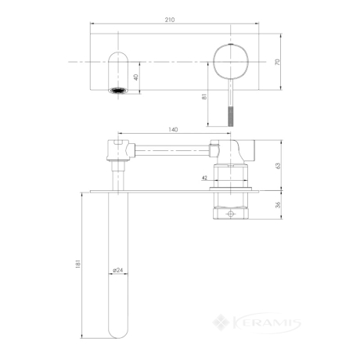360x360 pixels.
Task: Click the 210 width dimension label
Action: click(170, 20)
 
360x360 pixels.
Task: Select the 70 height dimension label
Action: click(278, 62)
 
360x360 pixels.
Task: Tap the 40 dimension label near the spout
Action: click(136, 77)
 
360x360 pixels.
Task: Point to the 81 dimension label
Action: click(204, 96)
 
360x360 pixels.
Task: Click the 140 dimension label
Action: click(173, 130)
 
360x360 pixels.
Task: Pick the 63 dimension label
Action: click(278, 166)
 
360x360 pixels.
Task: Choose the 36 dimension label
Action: click(278, 205)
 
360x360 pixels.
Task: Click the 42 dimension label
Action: click(204, 178)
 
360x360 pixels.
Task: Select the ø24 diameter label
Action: click(118, 270)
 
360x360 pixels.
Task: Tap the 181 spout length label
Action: click(78, 264)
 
